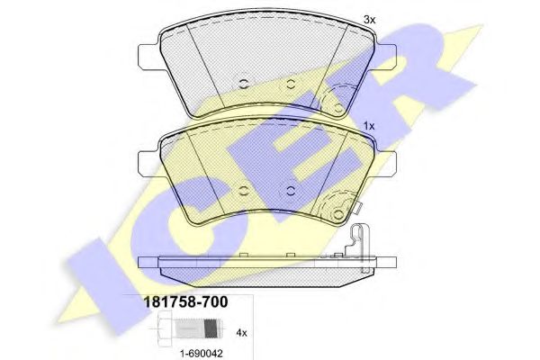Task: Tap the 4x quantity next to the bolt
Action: (x=240, y=331)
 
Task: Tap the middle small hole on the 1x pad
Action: (x=291, y=190)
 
